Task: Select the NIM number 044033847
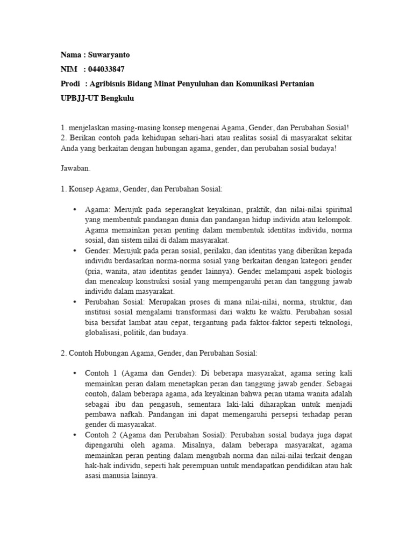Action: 107,69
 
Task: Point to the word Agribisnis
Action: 112,84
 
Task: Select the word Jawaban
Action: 76,168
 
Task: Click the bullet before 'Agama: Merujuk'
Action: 74,209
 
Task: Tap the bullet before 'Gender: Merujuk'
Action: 74,251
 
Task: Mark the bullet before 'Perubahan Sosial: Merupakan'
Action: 74,302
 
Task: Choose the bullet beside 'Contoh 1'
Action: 74,373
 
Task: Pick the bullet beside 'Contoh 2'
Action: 74,434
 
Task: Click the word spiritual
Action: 336,209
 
